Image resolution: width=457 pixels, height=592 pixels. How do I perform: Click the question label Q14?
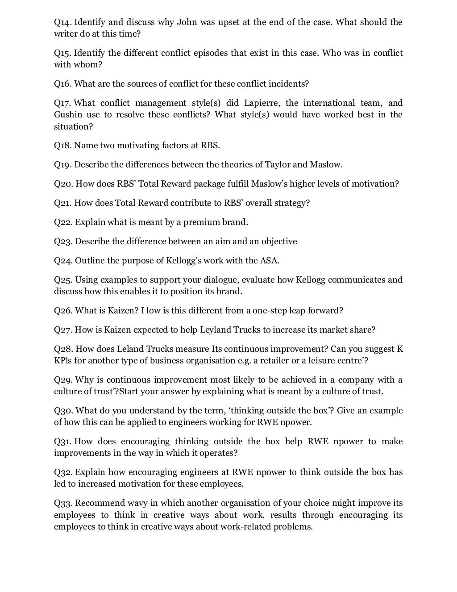point(62,22)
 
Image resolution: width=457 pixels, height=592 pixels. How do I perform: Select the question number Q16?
point(63,84)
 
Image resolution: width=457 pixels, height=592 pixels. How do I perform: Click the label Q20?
point(63,184)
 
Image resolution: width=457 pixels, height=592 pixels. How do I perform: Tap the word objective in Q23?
point(279,242)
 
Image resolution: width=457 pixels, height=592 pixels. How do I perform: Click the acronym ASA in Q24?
point(270,261)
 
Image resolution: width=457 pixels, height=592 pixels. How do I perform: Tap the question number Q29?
point(63,380)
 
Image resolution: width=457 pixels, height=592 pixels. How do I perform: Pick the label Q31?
point(63,442)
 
